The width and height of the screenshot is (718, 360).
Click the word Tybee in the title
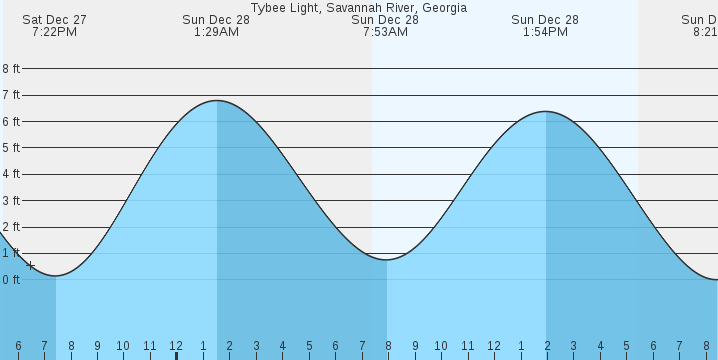pos(267,7)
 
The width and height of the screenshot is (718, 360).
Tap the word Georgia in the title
pos(442,7)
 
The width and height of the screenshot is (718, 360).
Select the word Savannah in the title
pos(345,7)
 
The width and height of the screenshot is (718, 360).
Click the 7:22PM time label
pos(56,32)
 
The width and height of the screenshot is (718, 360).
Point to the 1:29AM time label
pos(216,32)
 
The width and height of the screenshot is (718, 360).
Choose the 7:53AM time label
pos(385,32)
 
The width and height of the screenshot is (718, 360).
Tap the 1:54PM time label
pos(545,32)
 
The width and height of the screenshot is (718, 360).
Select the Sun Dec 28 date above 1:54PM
pos(545,19)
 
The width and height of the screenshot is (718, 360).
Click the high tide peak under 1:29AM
pos(217,101)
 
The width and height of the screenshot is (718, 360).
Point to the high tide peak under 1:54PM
pos(546,111)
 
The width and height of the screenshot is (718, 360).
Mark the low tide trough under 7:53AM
pos(386,260)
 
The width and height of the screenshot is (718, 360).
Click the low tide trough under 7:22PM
pos(56,276)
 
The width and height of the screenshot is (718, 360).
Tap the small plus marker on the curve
pos(31,266)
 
